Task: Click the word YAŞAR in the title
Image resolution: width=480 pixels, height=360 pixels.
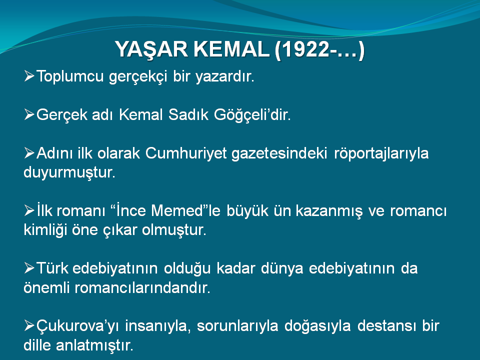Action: point(151,49)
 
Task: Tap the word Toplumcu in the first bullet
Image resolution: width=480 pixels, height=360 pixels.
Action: point(70,76)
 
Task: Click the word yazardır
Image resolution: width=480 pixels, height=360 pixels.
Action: point(225,76)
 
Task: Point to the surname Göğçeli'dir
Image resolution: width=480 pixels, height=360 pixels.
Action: point(252,115)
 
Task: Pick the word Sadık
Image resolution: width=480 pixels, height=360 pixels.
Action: point(188,115)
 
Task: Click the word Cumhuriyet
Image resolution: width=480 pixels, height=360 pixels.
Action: point(186,153)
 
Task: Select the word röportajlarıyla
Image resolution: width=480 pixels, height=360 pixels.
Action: point(381,153)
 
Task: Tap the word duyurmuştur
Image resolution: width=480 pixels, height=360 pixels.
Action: point(69,172)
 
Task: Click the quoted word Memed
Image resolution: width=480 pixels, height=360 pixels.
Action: point(177,211)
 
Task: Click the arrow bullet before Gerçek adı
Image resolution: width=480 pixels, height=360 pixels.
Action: point(29,115)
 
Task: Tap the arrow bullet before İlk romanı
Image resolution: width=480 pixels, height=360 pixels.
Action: point(29,211)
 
